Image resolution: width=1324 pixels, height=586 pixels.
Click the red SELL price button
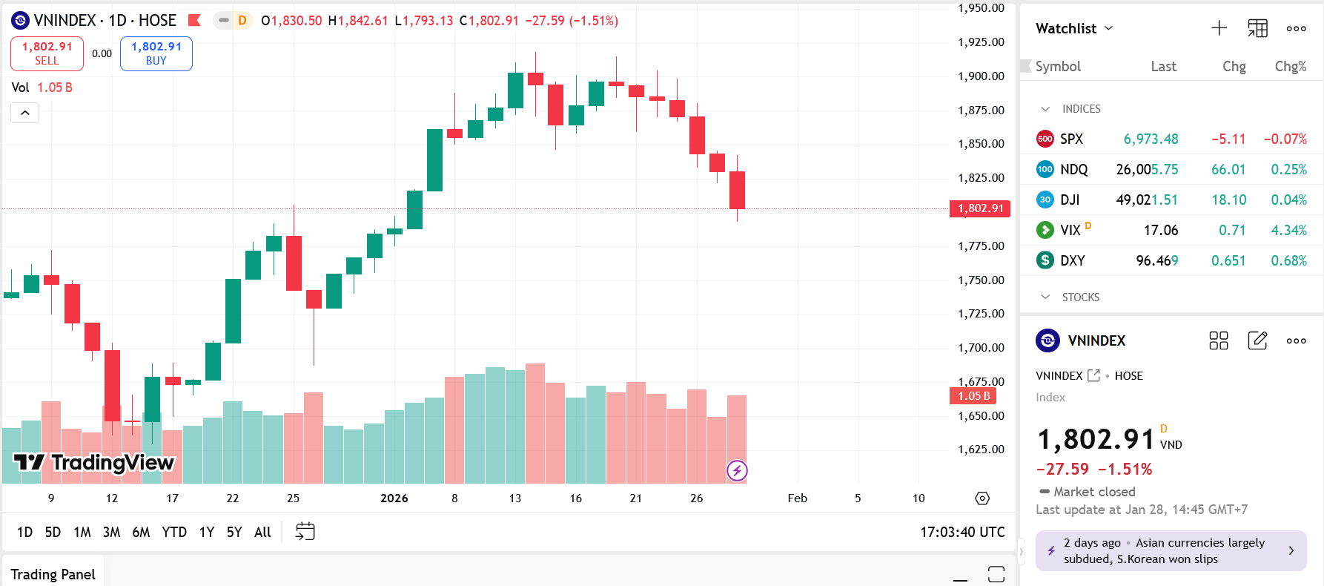tap(47, 53)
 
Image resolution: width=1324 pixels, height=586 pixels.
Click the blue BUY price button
tap(156, 53)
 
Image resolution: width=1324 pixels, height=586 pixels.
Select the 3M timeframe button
tap(111, 532)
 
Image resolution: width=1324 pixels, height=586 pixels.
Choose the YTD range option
tap(174, 532)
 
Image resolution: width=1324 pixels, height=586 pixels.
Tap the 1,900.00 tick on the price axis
tap(981, 76)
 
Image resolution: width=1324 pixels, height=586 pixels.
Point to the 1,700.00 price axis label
tap(981, 348)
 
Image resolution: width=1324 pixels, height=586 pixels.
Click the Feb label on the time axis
tap(797, 498)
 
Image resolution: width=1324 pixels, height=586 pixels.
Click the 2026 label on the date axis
tap(394, 498)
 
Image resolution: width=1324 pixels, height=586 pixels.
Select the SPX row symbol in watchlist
tap(1071, 139)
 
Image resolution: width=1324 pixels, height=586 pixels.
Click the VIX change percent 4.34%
tap(1288, 230)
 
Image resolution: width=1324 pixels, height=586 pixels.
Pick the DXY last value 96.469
tap(1156, 260)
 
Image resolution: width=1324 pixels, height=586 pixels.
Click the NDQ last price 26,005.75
tap(1147, 169)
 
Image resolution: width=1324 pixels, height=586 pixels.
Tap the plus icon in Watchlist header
tap(1219, 28)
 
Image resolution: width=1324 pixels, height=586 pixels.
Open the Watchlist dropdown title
tap(1073, 28)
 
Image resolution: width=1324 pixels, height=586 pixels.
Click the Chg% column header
tap(1290, 66)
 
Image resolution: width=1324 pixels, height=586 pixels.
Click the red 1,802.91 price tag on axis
tap(980, 208)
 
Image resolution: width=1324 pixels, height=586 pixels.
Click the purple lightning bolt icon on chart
tap(737, 470)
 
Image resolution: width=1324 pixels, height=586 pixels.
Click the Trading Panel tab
tap(53, 574)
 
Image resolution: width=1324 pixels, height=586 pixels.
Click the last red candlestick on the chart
tap(737, 190)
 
